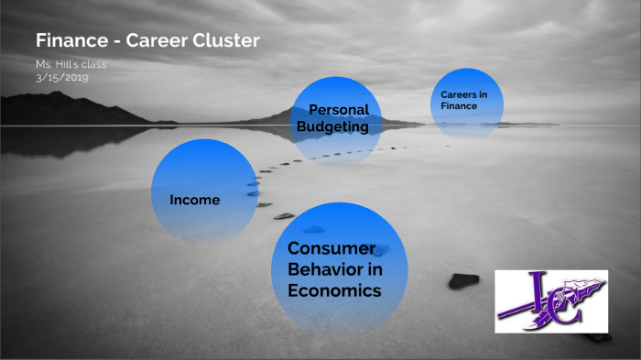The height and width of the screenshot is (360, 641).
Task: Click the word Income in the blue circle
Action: point(195,200)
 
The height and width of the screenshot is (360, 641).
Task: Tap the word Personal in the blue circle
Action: point(338,110)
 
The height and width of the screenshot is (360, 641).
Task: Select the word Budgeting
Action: point(331,127)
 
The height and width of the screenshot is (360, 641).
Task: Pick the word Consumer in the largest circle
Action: point(331,249)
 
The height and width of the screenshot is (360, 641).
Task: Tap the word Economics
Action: point(333,290)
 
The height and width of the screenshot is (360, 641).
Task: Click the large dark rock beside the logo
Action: point(463,280)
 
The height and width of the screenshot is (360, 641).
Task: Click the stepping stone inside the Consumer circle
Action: point(314,229)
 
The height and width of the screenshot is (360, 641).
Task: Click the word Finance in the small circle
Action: point(459,106)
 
